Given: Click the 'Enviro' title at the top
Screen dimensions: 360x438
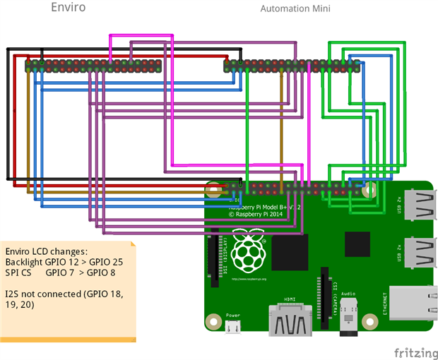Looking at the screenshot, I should pos(69,8).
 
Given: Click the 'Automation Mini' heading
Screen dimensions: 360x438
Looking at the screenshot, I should pos(295,9).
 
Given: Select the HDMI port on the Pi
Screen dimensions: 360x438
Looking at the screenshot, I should pos(290,322).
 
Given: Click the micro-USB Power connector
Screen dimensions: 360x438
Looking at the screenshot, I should pos(234,326).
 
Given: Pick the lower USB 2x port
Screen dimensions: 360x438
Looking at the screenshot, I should pos(415,252).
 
